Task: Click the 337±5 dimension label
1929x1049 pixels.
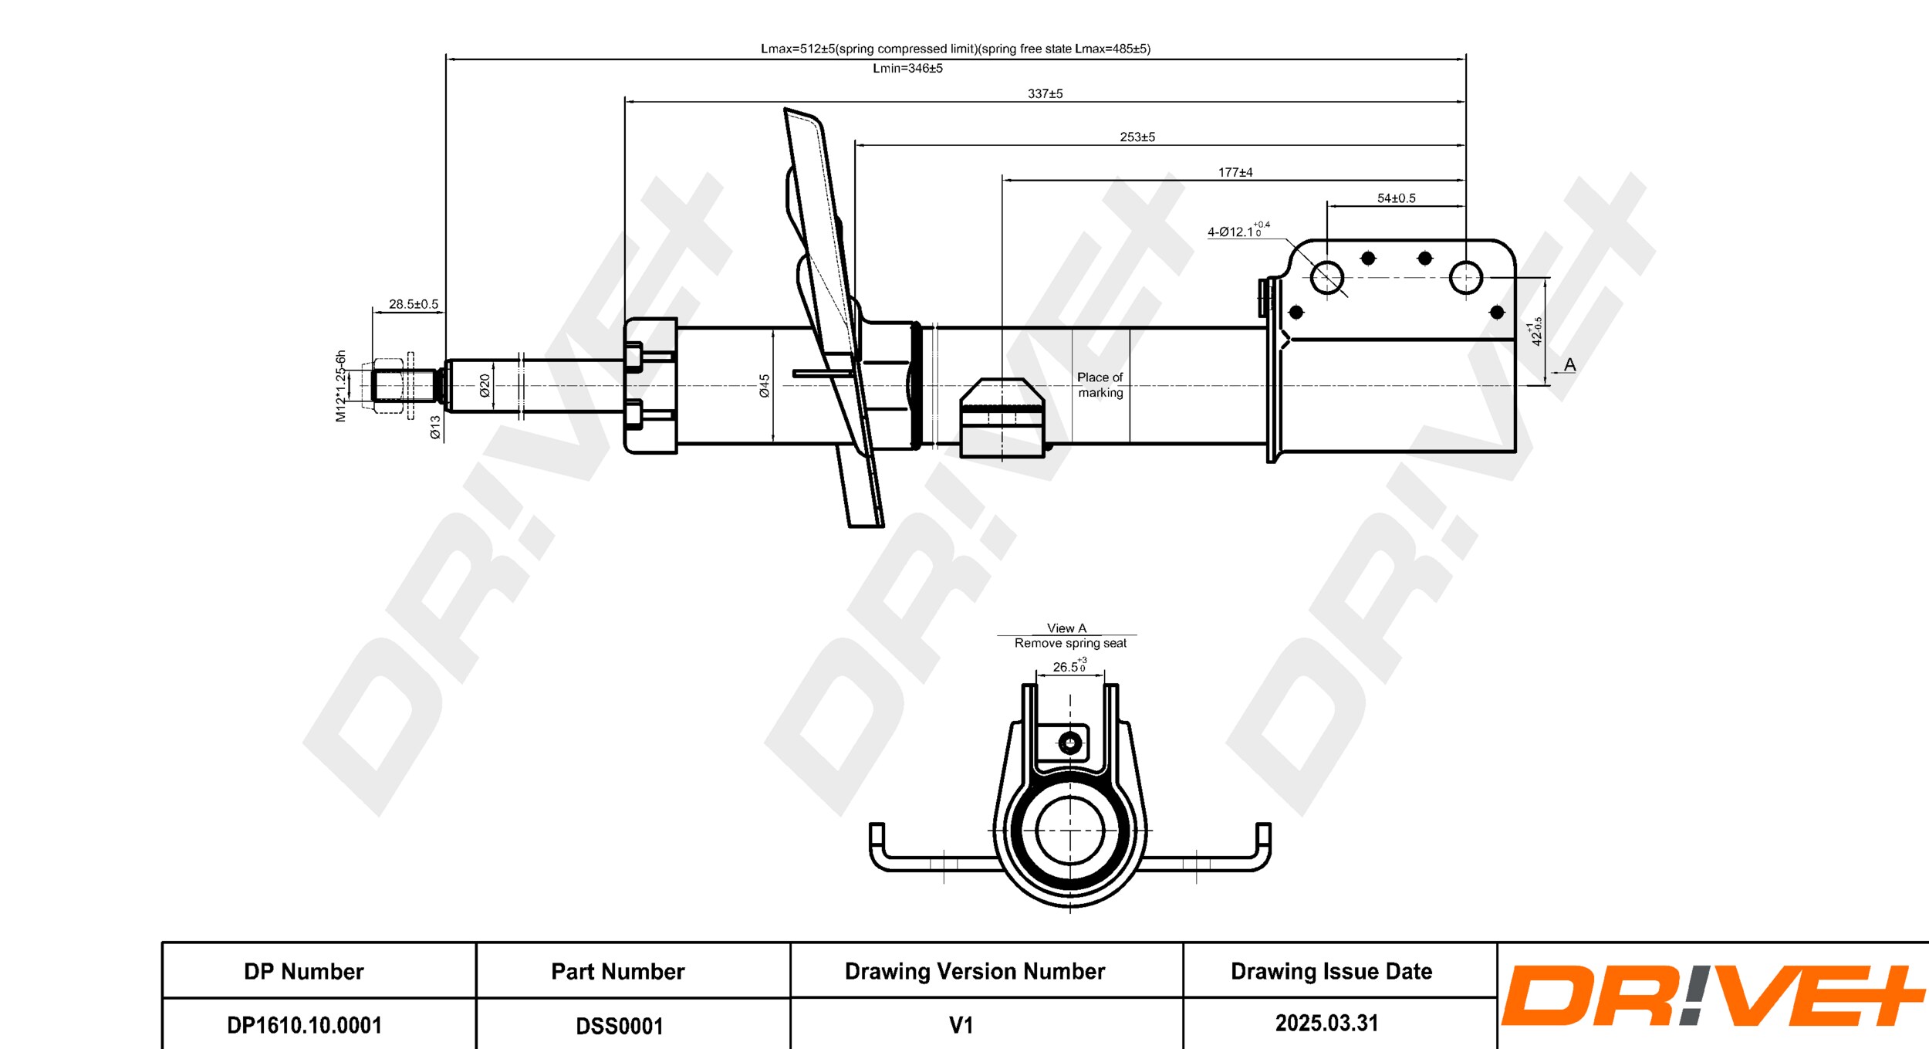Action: pyautogui.click(x=1045, y=93)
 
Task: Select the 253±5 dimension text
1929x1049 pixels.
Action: pyautogui.click(x=1137, y=137)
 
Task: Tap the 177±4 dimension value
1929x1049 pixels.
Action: pyautogui.click(x=1235, y=172)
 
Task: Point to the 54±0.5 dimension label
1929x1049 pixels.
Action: pyautogui.click(x=1396, y=198)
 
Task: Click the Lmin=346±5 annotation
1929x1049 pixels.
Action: pyautogui.click(x=907, y=68)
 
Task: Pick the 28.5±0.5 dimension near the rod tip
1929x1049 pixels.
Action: pyautogui.click(x=413, y=304)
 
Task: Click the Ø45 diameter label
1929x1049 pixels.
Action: pyautogui.click(x=764, y=386)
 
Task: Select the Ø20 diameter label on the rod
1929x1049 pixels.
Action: pyautogui.click(x=485, y=385)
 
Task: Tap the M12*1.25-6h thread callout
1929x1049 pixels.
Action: pyautogui.click(x=340, y=386)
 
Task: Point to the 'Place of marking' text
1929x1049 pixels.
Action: pyautogui.click(x=1100, y=384)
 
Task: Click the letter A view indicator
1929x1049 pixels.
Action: pyautogui.click(x=1569, y=364)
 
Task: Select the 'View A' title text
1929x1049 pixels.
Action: pyautogui.click(x=1066, y=628)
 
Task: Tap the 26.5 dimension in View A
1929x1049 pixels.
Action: pyautogui.click(x=1069, y=667)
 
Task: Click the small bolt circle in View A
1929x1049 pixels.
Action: pyautogui.click(x=1069, y=743)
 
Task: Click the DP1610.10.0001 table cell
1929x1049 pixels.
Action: pyautogui.click(x=304, y=1025)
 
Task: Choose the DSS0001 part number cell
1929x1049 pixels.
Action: pyautogui.click(x=619, y=1026)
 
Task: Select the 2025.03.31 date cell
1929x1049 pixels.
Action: pyautogui.click(x=1326, y=1024)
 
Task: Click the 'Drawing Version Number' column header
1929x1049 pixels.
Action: pyautogui.click(x=975, y=971)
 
